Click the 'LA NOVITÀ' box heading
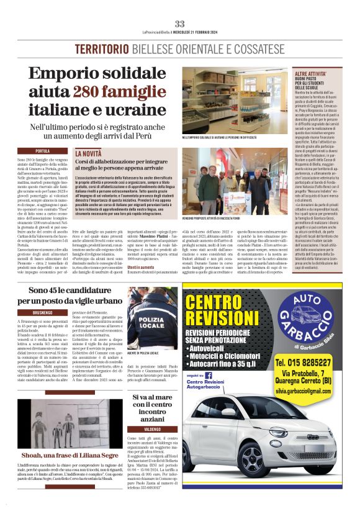(x=89, y=153)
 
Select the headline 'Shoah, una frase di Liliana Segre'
(x=66, y=454)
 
